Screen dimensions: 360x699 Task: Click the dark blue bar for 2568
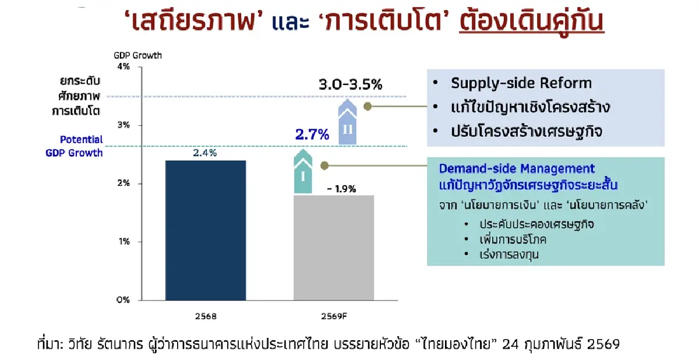(205, 230)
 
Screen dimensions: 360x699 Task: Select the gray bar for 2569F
(333, 248)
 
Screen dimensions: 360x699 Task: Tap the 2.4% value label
(205, 153)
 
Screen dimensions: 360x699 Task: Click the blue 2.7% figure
(312, 135)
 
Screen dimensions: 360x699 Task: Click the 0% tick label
(123, 300)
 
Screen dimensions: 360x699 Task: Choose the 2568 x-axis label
(205, 317)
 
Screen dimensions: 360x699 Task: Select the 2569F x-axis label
(333, 317)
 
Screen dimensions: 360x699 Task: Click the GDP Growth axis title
(138, 55)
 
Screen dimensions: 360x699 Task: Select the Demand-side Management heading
(517, 169)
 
